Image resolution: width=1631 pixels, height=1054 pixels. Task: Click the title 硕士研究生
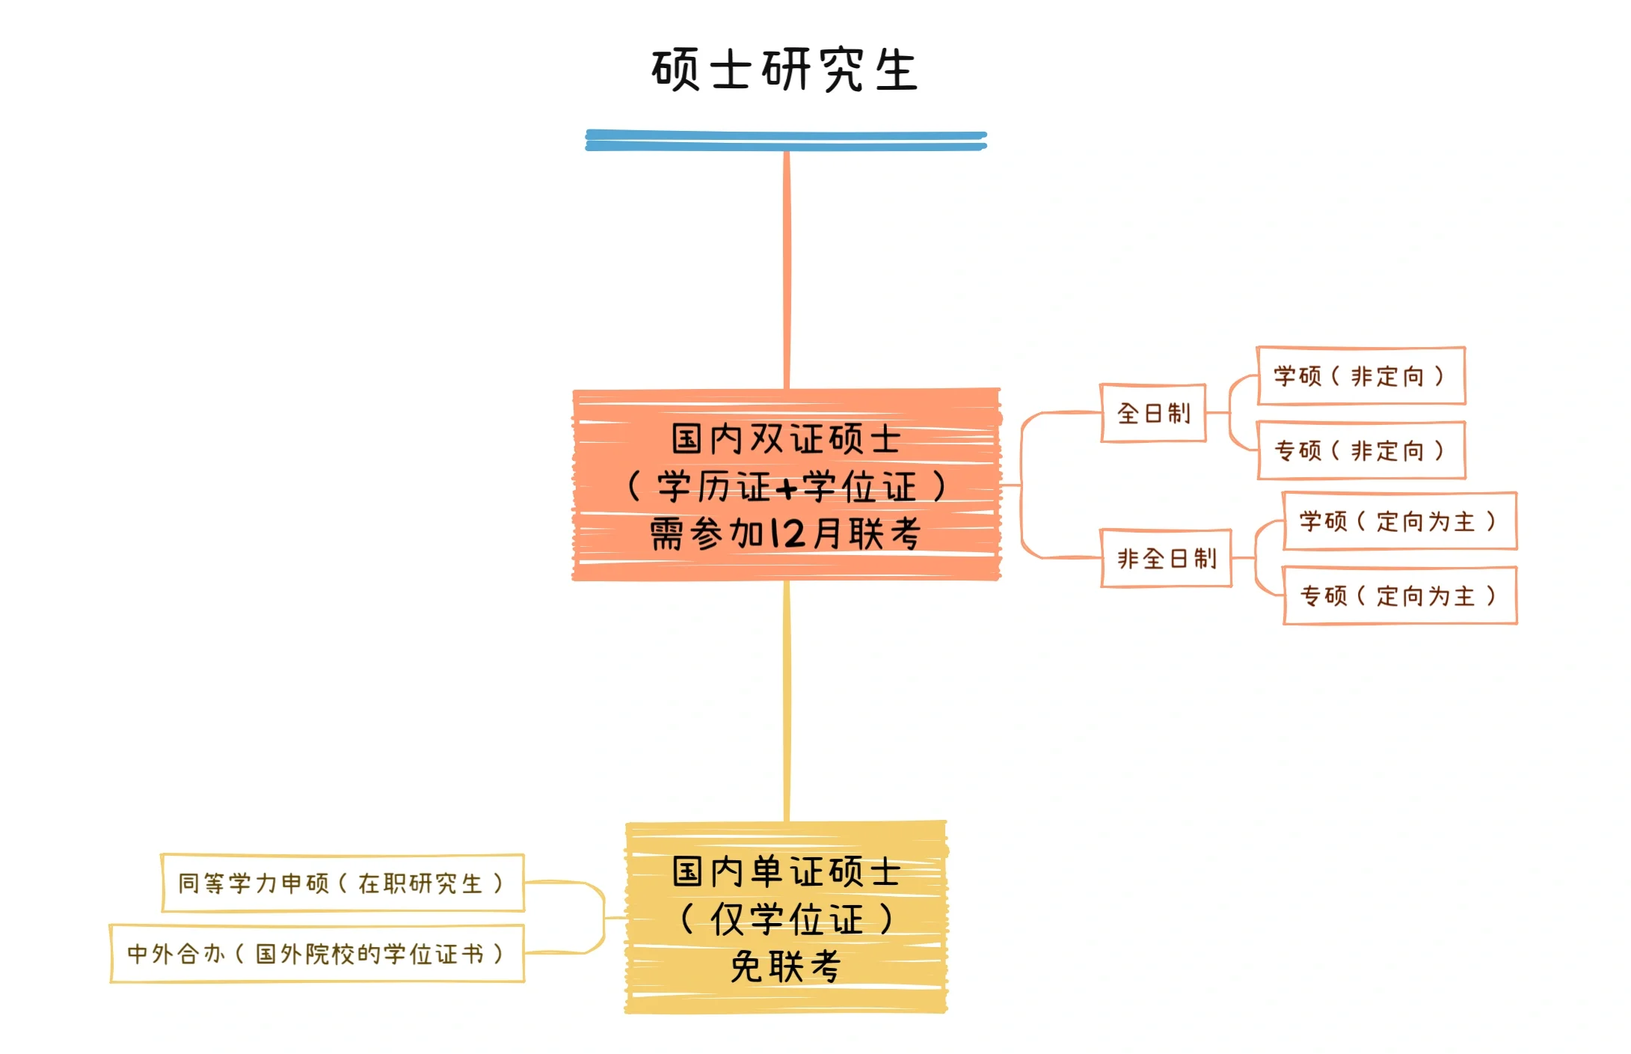point(784,70)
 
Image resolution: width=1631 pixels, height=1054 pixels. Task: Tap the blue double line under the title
point(785,141)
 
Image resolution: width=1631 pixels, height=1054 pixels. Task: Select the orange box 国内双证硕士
point(786,438)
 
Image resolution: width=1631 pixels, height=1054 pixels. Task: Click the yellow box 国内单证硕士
point(786,871)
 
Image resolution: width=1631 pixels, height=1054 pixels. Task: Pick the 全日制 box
point(1152,413)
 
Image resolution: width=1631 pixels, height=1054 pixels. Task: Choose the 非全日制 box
point(1166,558)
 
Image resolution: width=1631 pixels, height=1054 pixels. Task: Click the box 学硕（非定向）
point(1360,376)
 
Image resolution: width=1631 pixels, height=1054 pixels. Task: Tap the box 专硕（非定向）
point(1361,450)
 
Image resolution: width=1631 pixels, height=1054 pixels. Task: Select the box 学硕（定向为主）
point(1399,521)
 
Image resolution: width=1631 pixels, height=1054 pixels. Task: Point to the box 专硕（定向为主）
point(1399,595)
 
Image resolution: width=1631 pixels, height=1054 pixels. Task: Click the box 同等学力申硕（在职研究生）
point(343,883)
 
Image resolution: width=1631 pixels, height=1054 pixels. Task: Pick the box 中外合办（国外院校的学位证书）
point(317,954)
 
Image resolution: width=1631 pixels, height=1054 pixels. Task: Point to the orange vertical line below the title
point(786,269)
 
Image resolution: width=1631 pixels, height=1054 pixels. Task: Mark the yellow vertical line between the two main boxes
point(786,699)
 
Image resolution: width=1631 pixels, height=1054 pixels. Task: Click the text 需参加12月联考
point(785,534)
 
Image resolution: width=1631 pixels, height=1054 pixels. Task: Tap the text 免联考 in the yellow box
point(785,966)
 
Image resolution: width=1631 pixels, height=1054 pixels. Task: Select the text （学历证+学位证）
point(786,487)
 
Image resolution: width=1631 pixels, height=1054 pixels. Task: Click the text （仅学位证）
point(786,919)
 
